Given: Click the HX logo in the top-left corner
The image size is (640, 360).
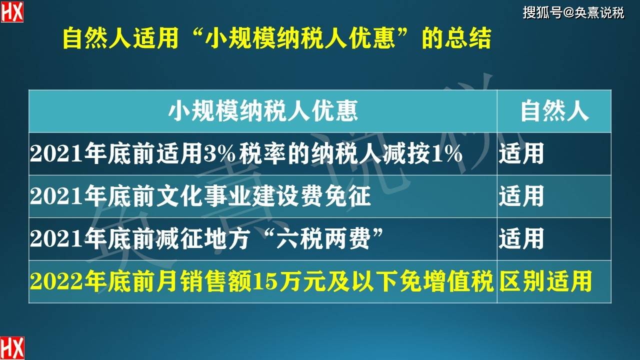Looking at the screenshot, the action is [11, 11].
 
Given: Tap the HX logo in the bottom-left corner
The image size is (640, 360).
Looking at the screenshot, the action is [12, 348].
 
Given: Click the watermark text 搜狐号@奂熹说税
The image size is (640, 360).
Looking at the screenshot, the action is [573, 13].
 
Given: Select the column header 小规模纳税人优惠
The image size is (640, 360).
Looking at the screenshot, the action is [263, 111].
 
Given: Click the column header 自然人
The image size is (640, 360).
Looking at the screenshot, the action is [554, 111].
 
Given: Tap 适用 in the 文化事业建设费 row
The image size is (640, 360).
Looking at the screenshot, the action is [521, 196].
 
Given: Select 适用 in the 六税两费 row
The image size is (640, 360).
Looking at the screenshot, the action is [521, 238].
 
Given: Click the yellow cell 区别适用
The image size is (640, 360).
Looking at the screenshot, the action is [545, 281].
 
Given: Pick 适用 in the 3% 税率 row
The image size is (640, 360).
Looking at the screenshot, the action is [521, 153].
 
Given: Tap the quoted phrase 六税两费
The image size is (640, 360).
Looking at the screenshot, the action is [323, 238].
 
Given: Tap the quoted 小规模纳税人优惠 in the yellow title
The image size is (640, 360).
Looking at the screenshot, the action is [300, 38].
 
